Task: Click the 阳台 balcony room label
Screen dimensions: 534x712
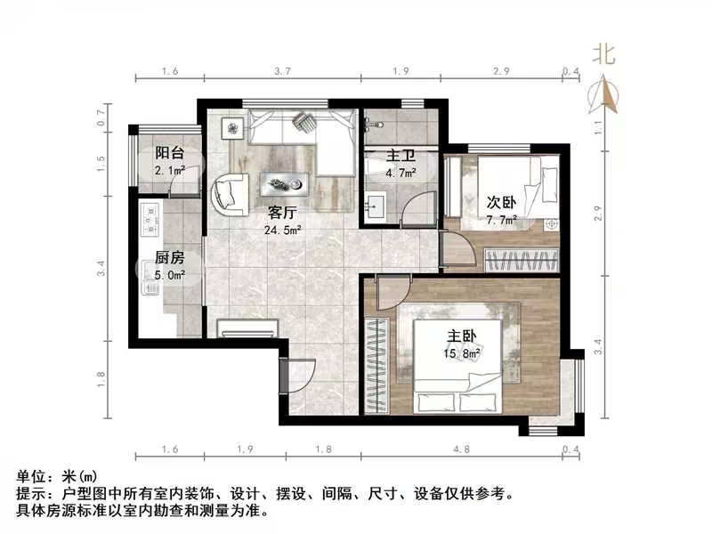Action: point(169,152)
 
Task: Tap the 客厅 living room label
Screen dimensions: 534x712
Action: point(283,213)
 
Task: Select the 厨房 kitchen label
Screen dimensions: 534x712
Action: point(169,257)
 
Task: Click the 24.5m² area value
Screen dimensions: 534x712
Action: point(283,230)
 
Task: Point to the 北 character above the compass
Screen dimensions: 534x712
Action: point(604,54)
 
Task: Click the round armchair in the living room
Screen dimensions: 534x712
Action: point(231,192)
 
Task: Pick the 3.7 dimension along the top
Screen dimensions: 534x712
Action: point(283,70)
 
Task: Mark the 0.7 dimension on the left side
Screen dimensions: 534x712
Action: point(101,114)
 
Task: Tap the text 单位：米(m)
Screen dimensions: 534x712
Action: point(55,477)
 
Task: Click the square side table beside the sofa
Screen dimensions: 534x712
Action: point(233,128)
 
